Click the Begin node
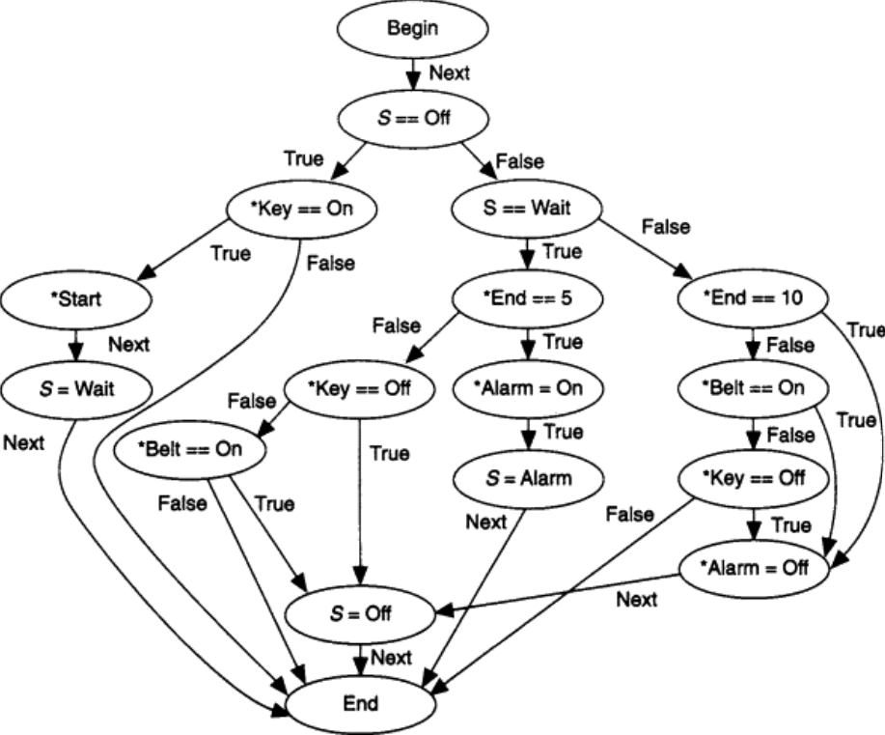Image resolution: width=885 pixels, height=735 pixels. coord(412,29)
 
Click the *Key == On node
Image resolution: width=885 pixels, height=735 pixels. coord(300,209)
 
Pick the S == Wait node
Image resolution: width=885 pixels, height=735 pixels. coord(527,209)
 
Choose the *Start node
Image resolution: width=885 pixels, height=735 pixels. coord(75,298)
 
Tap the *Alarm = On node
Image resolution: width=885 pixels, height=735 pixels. coord(527,388)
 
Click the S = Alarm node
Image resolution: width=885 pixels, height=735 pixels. coord(527,477)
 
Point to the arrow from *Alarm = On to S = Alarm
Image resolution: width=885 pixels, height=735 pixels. coord(527,433)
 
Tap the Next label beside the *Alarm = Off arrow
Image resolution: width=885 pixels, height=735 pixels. coord(637,600)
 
